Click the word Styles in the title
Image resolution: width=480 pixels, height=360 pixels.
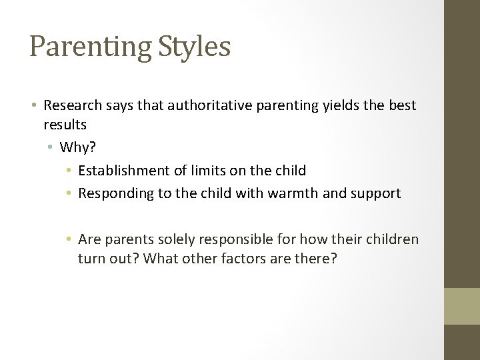click(194, 47)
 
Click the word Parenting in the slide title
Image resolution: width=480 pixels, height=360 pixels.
click(91, 47)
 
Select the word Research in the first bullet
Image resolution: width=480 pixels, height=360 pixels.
click(71, 105)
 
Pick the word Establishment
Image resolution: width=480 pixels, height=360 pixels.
click(124, 171)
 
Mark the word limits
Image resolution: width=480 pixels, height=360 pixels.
click(207, 171)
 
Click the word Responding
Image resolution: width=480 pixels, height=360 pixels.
click(113, 194)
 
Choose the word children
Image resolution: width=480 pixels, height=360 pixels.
click(393, 239)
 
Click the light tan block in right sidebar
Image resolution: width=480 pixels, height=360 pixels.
click(462, 306)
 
